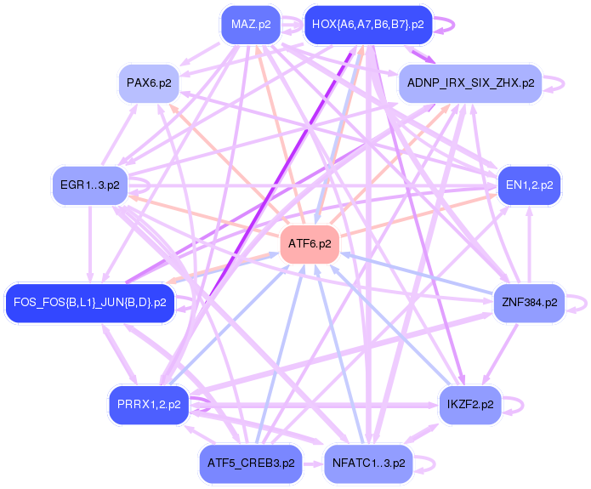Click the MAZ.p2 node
[x=251, y=25]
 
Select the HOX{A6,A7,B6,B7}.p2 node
[x=368, y=25]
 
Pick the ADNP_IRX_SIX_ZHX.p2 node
[x=470, y=82]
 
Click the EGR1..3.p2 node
[x=89, y=184]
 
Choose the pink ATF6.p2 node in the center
[x=310, y=243]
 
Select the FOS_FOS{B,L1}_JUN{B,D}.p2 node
[x=90, y=301]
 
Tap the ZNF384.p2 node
[x=529, y=301]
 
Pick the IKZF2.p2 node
[x=470, y=405]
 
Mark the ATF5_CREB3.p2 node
[x=251, y=463]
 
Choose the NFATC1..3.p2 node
[x=368, y=463]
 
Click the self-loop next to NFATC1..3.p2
[x=432, y=463]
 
